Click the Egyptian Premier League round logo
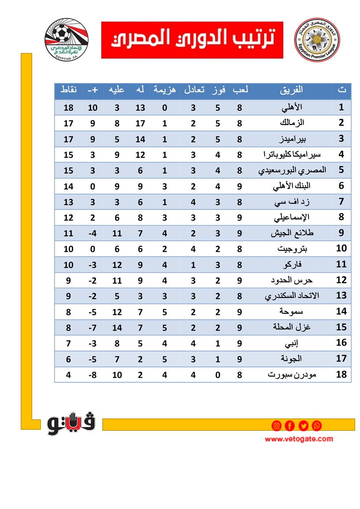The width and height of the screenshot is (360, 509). pyautogui.click(x=317, y=40)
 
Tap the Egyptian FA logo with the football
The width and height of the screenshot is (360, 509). pyautogui.click(x=66, y=40)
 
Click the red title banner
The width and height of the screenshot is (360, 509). pyautogui.click(x=192, y=40)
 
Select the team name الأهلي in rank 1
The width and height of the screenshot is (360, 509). pyautogui.click(x=292, y=108)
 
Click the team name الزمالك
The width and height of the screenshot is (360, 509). pyautogui.click(x=292, y=123)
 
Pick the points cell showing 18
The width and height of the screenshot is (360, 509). pyautogui.click(x=68, y=108)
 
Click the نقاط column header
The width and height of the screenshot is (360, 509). pyautogui.click(x=68, y=89)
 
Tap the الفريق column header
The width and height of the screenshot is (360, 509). pyautogui.click(x=291, y=90)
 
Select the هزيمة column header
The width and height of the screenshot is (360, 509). pyautogui.click(x=164, y=89)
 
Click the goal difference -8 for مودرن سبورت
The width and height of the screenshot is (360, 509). pyautogui.click(x=93, y=375)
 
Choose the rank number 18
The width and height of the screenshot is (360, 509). pyautogui.click(x=341, y=374)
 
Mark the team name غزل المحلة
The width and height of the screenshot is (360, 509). pyautogui.click(x=292, y=327)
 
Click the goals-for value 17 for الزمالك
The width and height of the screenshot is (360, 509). pyautogui.click(x=140, y=123)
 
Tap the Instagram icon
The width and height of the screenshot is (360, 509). pyautogui.click(x=276, y=425)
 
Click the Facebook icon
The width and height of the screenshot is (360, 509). pyautogui.click(x=289, y=425)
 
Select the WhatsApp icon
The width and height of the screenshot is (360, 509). pyautogui.click(x=317, y=425)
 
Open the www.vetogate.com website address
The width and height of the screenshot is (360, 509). pyautogui.click(x=299, y=439)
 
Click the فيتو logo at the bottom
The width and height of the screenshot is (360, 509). pyautogui.click(x=71, y=424)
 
